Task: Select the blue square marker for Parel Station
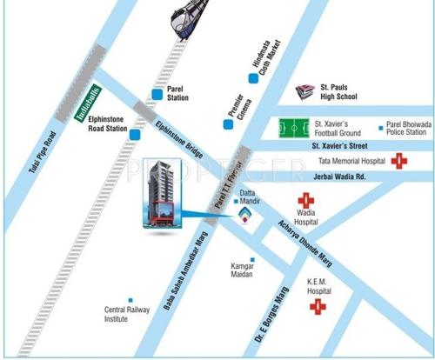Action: coord(157,93)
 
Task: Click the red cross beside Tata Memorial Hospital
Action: coord(399,161)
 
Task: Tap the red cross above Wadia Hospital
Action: coord(305,200)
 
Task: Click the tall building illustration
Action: coord(159,196)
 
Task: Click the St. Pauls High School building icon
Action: coord(304,91)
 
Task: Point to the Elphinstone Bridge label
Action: coord(179,138)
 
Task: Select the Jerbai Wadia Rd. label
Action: coord(342,176)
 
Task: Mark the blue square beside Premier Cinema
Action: coord(228,125)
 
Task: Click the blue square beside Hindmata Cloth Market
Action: coord(253,78)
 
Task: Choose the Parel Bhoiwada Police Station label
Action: coord(406,128)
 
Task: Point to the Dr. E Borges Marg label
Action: coord(275,315)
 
